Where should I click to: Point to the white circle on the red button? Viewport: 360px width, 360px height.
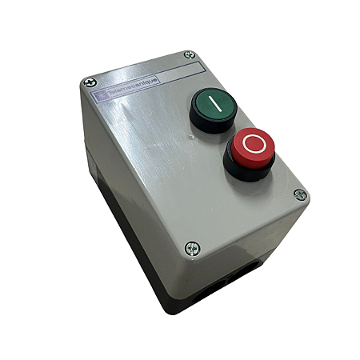254,145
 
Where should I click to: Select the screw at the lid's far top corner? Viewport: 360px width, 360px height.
189,54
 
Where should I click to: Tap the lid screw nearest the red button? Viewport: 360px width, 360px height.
299,194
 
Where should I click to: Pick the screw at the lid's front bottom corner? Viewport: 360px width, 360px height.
190,249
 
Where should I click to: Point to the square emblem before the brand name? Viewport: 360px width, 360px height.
101,96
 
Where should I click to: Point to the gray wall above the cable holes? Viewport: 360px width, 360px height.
240,244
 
